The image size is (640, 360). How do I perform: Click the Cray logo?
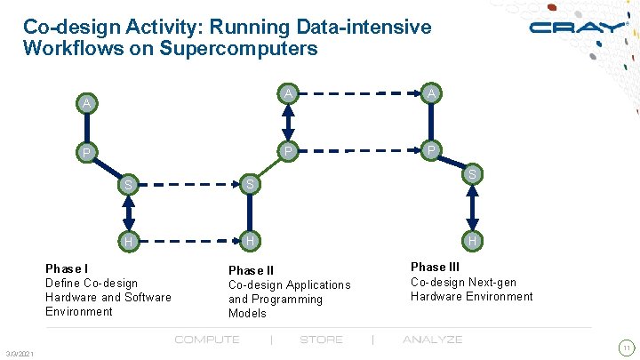tap(577, 27)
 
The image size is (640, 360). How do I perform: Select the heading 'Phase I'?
tap(67, 268)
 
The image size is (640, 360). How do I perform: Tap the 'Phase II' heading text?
tap(252, 270)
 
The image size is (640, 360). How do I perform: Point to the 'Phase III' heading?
tap(436, 267)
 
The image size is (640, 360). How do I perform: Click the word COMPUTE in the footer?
tap(207, 340)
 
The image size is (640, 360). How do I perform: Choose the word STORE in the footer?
tap(321, 340)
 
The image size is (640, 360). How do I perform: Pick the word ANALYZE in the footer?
tap(432, 340)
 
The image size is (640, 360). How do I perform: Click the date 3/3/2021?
tap(19, 355)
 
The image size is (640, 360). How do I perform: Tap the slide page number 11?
tap(627, 347)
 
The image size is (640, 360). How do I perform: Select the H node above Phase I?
tap(129, 242)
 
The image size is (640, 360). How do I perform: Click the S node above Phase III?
tap(473, 175)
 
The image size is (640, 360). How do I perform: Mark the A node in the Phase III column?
tap(431, 93)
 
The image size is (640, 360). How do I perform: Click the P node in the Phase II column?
tap(287, 151)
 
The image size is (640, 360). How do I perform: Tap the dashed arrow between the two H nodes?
tap(190, 241)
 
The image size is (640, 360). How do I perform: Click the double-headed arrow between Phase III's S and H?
tap(472, 209)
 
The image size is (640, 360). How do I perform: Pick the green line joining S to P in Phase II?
tap(268, 168)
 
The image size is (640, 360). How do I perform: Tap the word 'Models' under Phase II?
tap(247, 313)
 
